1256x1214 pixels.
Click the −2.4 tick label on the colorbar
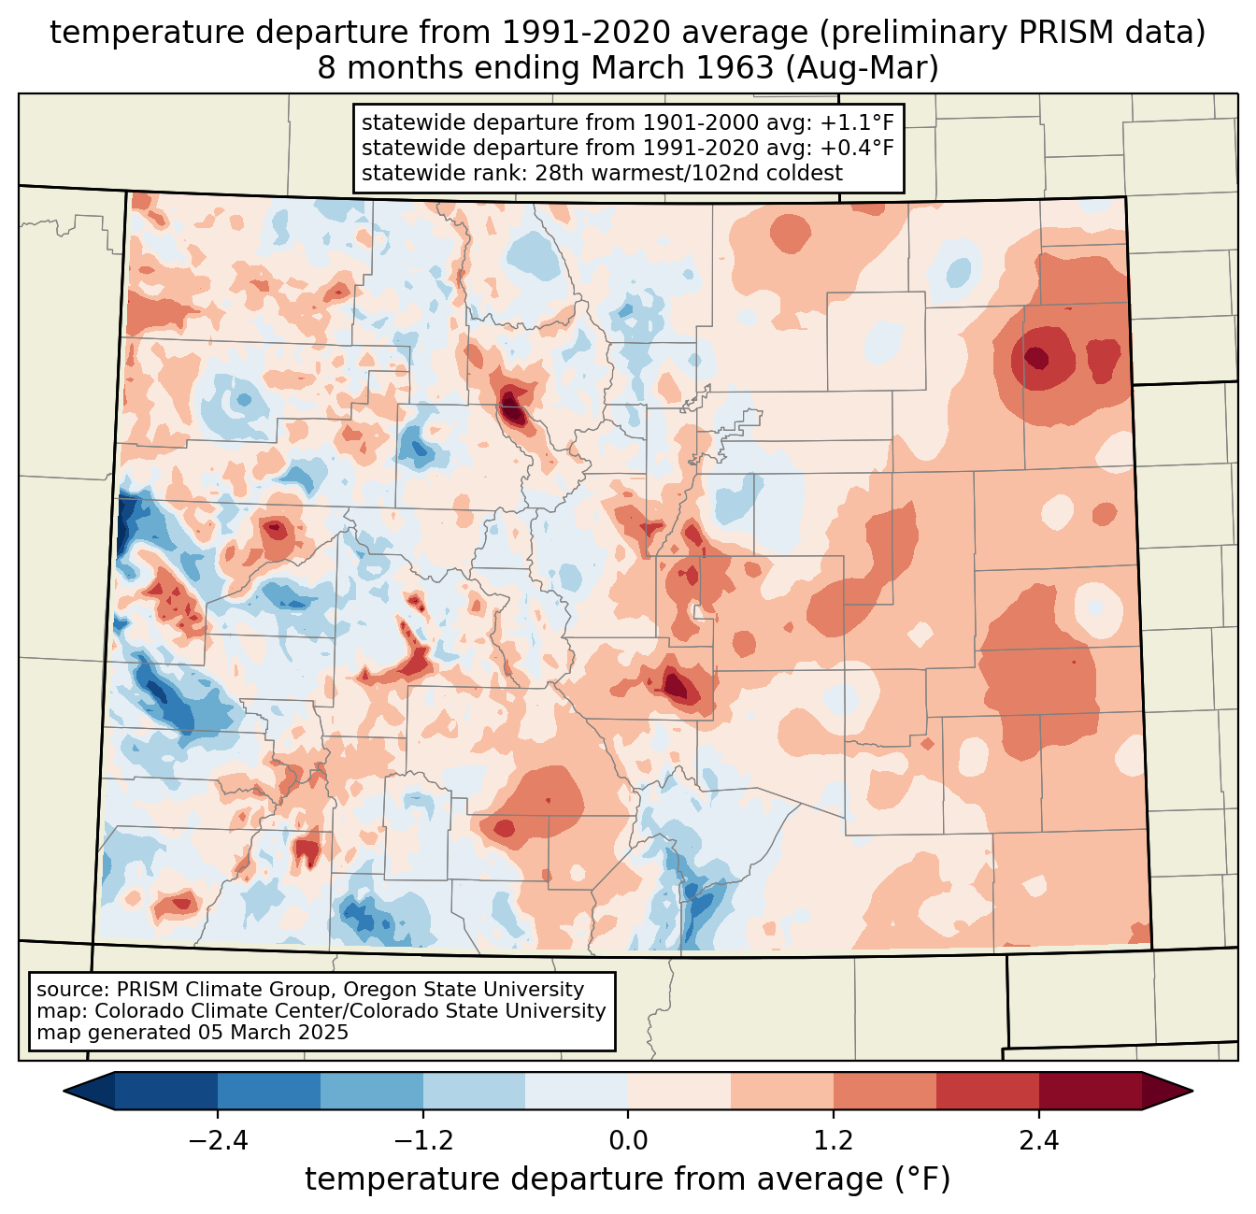point(217,1141)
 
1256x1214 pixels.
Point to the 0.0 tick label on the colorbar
point(628,1141)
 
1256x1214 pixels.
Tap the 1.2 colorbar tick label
point(834,1141)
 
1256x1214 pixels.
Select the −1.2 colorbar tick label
point(422,1141)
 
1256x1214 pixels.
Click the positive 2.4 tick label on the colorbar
point(1039,1141)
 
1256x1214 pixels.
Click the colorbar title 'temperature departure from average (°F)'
point(628,1179)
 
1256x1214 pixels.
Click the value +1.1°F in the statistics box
point(856,122)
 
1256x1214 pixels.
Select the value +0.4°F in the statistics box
point(856,148)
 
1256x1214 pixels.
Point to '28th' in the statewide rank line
point(559,173)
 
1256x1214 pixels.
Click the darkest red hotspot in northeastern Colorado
point(1036,357)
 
